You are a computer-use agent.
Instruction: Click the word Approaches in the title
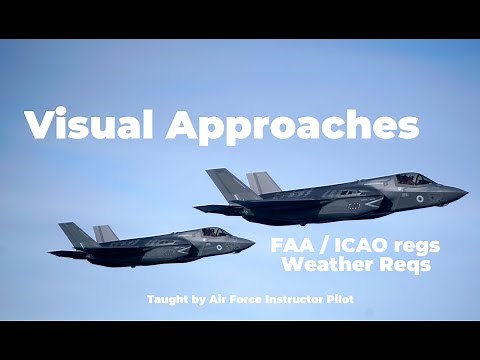(291, 127)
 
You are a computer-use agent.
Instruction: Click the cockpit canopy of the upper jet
(413, 179)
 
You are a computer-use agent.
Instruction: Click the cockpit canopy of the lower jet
(213, 232)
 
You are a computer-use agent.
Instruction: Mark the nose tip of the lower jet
(254, 241)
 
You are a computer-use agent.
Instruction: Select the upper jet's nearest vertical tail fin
(228, 184)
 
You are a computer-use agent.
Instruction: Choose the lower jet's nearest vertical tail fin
(77, 235)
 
